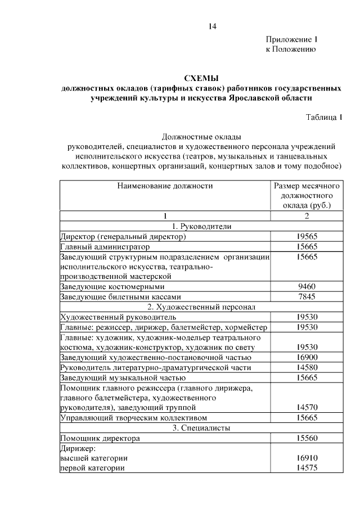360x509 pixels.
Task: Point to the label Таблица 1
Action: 324,117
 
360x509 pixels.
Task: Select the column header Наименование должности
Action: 165,185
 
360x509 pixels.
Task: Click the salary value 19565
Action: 307,237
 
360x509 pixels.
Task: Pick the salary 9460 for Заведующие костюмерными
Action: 307,286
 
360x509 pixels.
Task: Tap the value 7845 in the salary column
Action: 307,296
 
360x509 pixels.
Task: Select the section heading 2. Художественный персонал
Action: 201,307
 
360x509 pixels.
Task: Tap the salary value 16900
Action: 307,357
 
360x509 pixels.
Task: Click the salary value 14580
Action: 307,367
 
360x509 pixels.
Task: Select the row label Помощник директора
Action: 100,438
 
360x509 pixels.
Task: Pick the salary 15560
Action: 307,438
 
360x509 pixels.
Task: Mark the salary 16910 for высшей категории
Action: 307,458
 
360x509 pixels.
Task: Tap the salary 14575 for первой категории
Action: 307,468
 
